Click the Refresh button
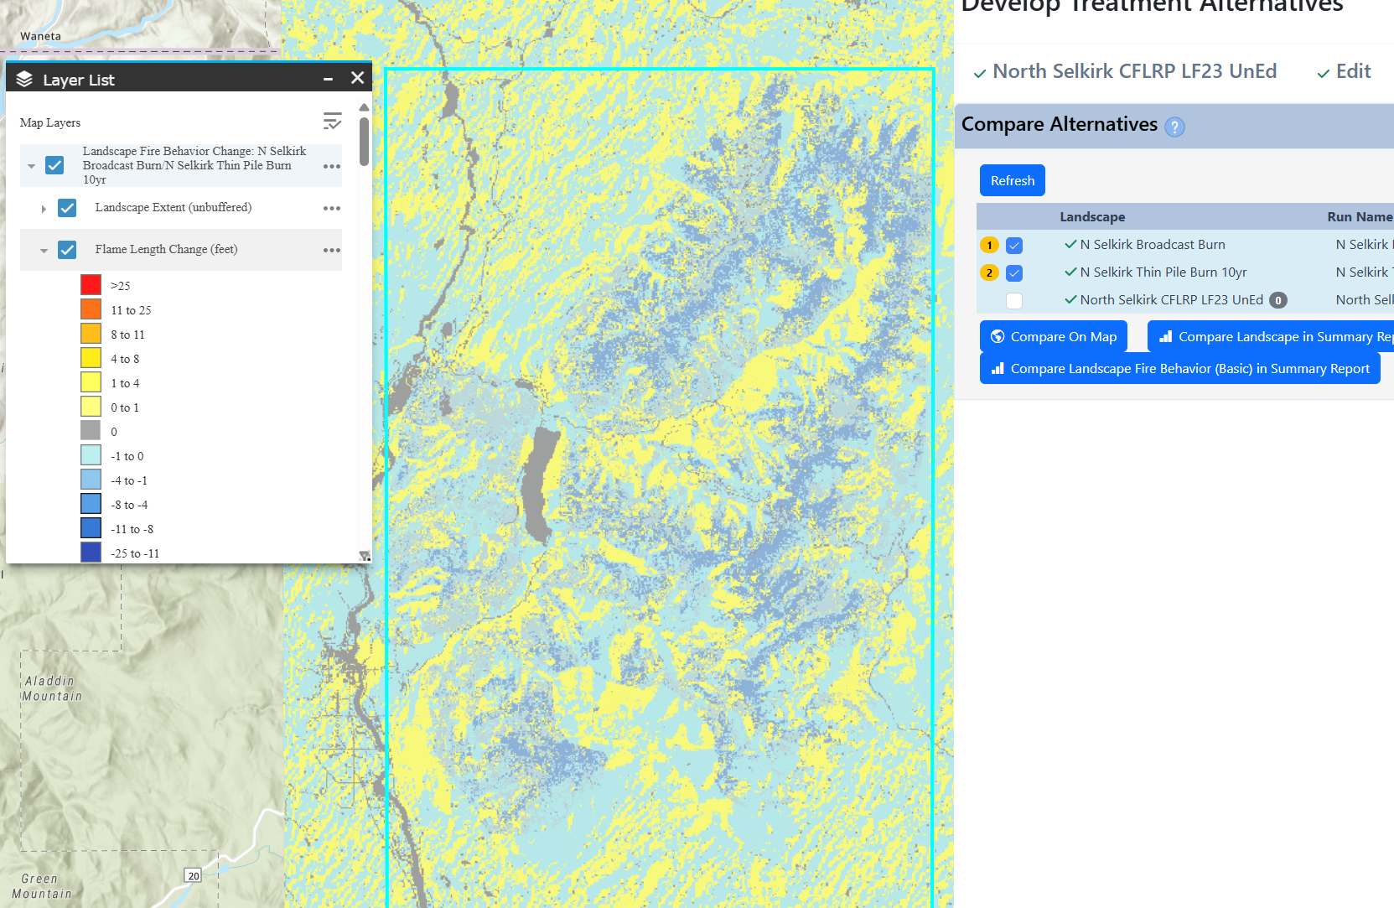tap(1012, 180)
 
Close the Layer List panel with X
tap(357, 78)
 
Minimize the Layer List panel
tap(329, 79)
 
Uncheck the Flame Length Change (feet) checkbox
tap(67, 250)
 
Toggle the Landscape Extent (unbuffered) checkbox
tap(67, 208)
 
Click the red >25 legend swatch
tap(91, 285)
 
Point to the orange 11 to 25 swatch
tap(91, 309)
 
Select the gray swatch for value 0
tap(91, 431)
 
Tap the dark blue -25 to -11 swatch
tap(91, 553)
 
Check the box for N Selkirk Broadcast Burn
tap(1014, 246)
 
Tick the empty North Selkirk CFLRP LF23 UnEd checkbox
tap(1014, 300)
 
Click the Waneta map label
tap(40, 36)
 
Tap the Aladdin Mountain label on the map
tap(52, 688)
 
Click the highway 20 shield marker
tap(194, 875)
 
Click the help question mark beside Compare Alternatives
tap(1175, 127)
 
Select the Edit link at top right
tap(1352, 72)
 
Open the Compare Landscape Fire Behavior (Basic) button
tap(1179, 369)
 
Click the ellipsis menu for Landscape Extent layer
tap(332, 208)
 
